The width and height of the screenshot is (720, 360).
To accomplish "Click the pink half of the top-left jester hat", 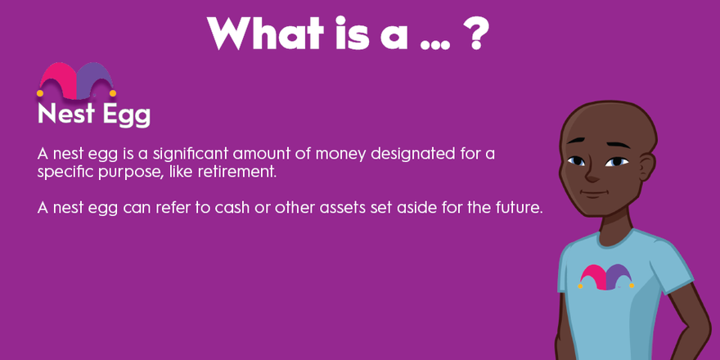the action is coord(58,80).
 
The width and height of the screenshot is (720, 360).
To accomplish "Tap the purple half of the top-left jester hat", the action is coord(95,80).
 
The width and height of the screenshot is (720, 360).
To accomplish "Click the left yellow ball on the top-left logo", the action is coord(40,93).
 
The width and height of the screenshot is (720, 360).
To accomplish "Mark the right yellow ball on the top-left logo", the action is coord(113,93).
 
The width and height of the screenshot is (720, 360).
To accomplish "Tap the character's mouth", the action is coord(595,193).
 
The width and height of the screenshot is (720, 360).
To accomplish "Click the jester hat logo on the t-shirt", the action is coord(606,277).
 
